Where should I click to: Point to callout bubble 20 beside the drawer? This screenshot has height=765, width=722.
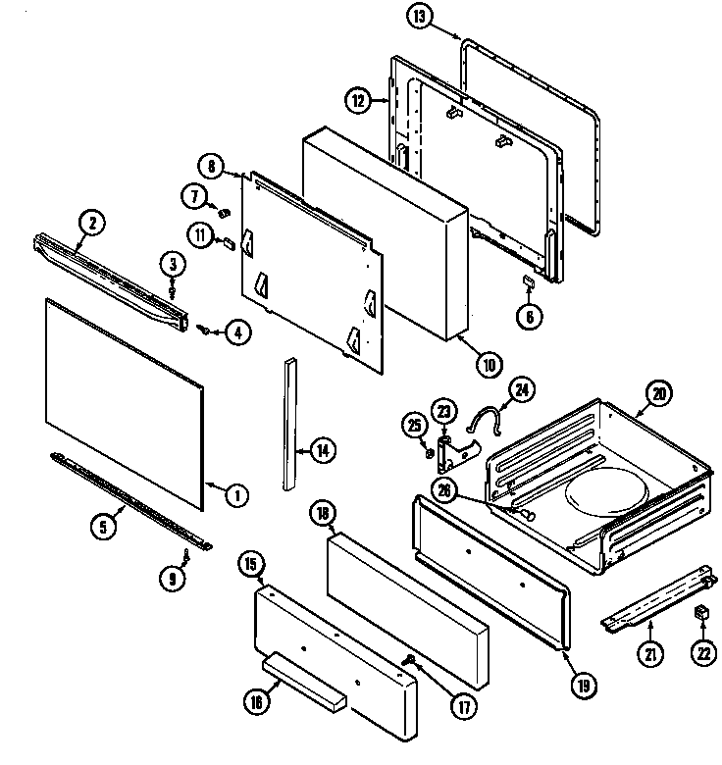coord(656,394)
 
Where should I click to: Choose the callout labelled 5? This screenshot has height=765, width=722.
coord(103,526)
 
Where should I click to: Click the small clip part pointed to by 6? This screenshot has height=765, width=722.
coord(527,281)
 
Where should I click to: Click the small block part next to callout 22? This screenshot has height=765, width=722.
coord(701,614)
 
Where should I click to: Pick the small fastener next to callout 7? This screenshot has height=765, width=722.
coord(223,211)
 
